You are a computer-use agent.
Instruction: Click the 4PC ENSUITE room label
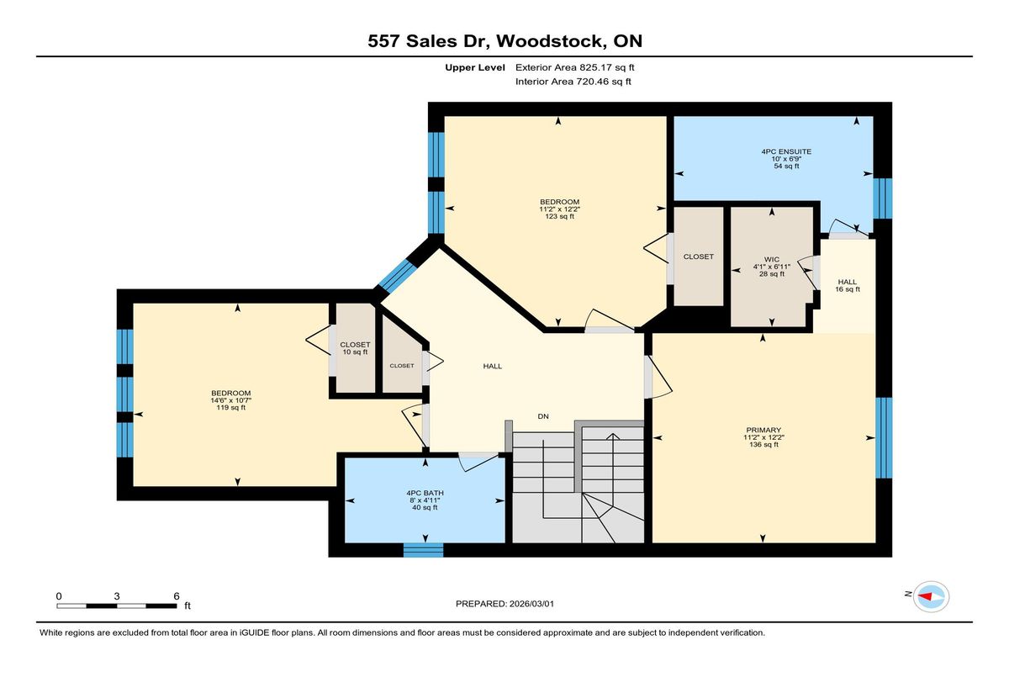pyautogui.click(x=786, y=151)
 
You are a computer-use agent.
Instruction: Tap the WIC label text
pyautogui.click(x=772, y=260)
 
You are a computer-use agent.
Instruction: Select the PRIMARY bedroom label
pyautogui.click(x=763, y=430)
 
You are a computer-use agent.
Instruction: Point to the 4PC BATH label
pyautogui.click(x=425, y=493)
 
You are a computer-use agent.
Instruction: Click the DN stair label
pyautogui.click(x=543, y=416)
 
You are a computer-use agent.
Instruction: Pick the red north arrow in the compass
pyautogui.click(x=925, y=596)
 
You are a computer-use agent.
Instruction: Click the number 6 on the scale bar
pyautogui.click(x=177, y=596)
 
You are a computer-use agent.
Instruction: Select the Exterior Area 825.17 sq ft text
pyautogui.click(x=575, y=67)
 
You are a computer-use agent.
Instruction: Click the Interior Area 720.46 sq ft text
pyautogui.click(x=573, y=82)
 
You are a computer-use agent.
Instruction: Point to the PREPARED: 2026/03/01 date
pyautogui.click(x=505, y=604)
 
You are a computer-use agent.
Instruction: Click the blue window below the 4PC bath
pyautogui.click(x=424, y=550)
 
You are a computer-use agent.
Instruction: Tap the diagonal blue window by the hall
pyautogui.click(x=397, y=276)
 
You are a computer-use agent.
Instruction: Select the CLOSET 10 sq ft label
pyautogui.click(x=355, y=348)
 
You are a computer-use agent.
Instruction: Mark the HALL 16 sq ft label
pyautogui.click(x=848, y=286)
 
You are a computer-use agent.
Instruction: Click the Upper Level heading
pyautogui.click(x=475, y=67)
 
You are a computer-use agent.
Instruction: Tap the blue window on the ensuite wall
pyautogui.click(x=883, y=198)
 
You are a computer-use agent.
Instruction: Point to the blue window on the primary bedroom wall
pyautogui.click(x=884, y=438)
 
